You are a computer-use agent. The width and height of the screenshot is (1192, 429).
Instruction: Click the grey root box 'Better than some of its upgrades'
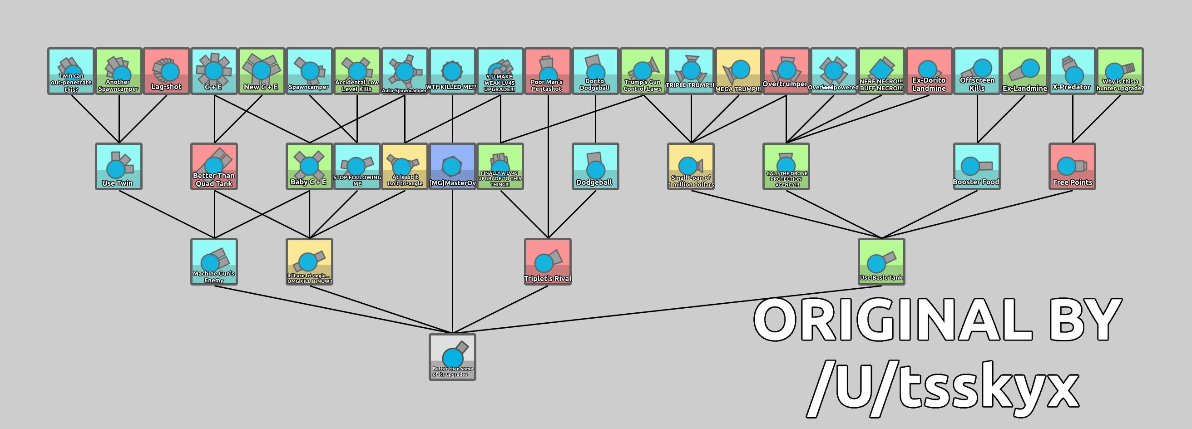(452, 357)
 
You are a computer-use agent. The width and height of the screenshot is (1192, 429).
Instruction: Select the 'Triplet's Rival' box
(548, 261)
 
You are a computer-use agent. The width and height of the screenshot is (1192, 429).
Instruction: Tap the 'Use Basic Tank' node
(881, 261)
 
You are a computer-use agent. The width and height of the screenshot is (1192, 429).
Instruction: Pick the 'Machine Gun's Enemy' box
(214, 261)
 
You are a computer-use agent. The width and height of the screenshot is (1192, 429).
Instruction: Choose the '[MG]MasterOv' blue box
(452, 166)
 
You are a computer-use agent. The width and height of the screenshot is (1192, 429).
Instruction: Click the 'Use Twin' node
(119, 166)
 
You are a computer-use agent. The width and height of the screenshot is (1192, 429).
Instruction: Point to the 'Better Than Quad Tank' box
(214, 166)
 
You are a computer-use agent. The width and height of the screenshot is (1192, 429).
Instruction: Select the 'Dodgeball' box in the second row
(595, 166)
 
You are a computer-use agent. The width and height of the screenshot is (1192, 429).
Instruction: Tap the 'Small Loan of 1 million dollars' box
(690, 166)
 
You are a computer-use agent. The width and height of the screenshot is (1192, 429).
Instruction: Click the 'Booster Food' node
(976, 166)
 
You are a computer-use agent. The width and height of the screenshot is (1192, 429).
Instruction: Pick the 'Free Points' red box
(1072, 166)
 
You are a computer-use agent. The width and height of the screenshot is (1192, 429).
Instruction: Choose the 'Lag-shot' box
(166, 71)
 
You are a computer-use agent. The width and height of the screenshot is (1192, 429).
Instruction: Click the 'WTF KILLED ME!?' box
(452, 71)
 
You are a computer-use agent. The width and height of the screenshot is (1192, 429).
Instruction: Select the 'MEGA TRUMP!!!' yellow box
(738, 71)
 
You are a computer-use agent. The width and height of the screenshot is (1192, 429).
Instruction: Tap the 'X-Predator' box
(1072, 71)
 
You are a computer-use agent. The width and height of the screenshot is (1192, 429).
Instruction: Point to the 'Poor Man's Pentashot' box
(548, 71)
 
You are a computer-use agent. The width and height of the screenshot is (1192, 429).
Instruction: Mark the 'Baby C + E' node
(309, 166)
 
